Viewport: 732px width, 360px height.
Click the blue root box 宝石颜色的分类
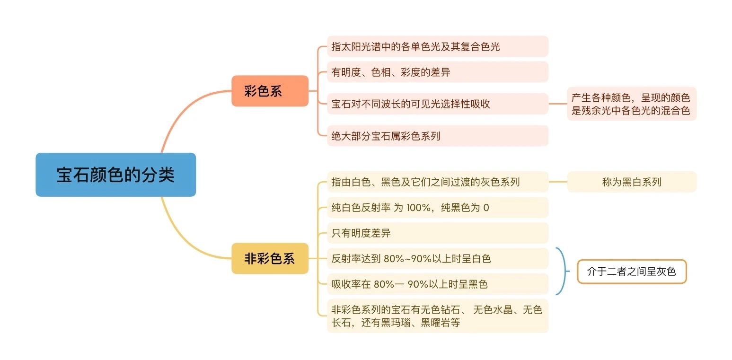(x=115, y=175)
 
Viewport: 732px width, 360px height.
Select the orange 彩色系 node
(x=270, y=91)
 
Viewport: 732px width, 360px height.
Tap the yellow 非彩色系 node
(x=270, y=258)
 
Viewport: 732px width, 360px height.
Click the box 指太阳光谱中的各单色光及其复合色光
(x=438, y=46)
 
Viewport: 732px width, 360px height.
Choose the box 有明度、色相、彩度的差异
(x=438, y=72)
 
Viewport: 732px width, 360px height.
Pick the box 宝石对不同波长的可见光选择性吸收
(x=438, y=104)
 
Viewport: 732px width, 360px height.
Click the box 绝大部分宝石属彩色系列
(x=438, y=136)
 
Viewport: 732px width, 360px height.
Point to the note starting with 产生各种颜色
(x=632, y=104)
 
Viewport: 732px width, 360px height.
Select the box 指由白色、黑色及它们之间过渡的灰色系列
(x=438, y=182)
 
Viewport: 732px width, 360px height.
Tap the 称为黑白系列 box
(x=632, y=182)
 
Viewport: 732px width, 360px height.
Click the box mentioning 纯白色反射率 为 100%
(x=438, y=207)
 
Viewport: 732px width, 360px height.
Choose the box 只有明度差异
(x=438, y=233)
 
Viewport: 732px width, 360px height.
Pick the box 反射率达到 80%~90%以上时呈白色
(x=438, y=258)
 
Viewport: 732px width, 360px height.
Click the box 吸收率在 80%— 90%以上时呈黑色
(x=438, y=284)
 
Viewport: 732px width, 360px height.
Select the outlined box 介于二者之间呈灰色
(x=632, y=272)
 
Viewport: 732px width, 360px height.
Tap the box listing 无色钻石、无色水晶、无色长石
(x=438, y=316)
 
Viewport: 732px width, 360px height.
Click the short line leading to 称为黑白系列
(x=557, y=182)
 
